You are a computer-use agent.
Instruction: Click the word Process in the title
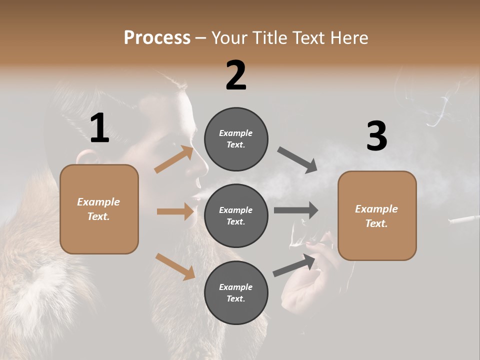tap(157, 37)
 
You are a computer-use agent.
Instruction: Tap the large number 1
tap(99, 128)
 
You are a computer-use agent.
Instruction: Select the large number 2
tap(236, 75)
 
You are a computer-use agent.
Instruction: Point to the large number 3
tap(376, 136)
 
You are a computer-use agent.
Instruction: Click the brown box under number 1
tap(99, 209)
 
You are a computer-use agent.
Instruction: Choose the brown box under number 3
tap(377, 215)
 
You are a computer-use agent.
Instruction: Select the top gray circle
tap(236, 138)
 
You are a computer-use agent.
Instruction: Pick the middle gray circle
tap(236, 215)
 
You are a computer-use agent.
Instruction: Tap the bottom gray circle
tap(236, 292)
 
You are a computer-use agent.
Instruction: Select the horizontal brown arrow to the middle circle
tap(175, 211)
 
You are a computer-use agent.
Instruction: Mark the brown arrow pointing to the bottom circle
tap(175, 266)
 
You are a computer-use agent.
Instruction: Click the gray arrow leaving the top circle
tap(297, 160)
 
